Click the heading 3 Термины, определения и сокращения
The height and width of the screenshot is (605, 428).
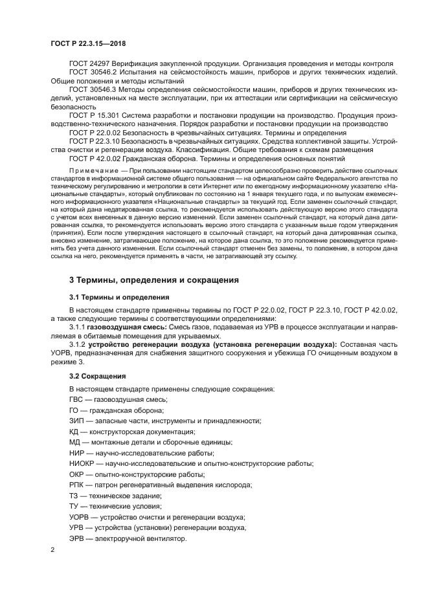[144, 280]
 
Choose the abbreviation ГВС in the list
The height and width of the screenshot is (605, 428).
[76, 399]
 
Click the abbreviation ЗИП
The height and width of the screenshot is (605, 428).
[76, 421]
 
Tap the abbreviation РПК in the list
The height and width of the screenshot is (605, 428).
[77, 485]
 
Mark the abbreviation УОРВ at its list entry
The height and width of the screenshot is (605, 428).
[80, 517]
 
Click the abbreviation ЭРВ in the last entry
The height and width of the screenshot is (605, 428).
[77, 538]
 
